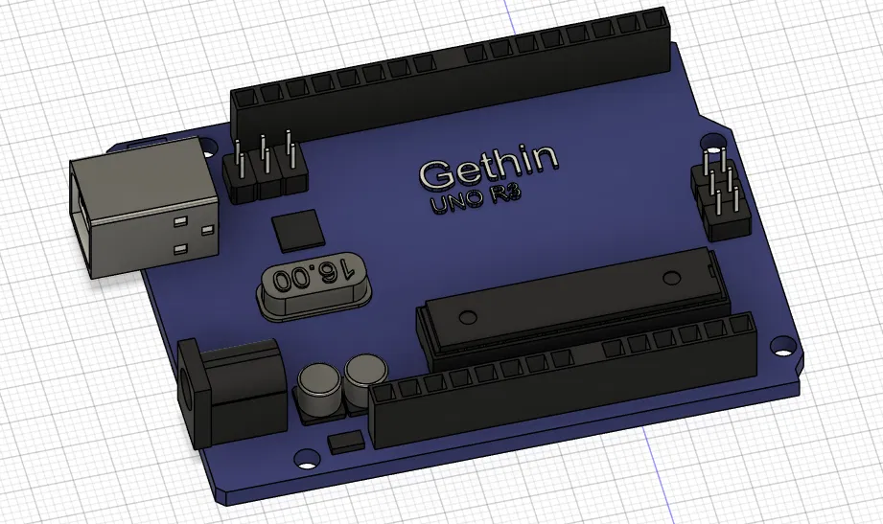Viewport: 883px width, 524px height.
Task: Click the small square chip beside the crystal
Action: coord(298,232)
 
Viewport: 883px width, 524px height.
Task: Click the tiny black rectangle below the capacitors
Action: coord(344,443)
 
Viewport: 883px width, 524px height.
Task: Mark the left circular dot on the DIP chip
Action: coord(467,317)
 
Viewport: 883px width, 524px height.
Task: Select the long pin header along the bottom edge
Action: coord(566,383)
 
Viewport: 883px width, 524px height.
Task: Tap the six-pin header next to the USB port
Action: coord(266,172)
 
